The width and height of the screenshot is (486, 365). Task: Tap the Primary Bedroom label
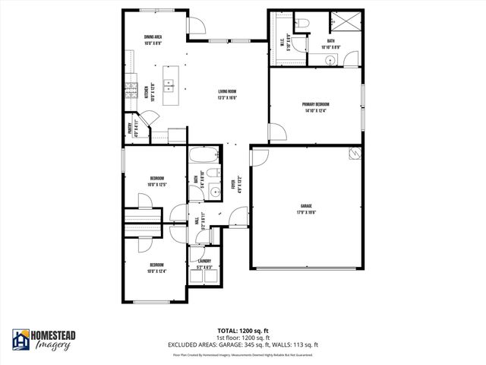point(315,105)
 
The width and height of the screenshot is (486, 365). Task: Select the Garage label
point(307,205)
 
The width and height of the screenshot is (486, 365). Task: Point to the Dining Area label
point(153,36)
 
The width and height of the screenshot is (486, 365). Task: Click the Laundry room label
point(204,261)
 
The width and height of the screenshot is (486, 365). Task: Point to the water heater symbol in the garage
point(353,154)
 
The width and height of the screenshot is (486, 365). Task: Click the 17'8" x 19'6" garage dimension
point(307,211)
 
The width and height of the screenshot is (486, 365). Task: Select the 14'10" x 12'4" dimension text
point(315,111)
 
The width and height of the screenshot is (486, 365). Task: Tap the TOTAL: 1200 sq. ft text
point(243,331)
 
